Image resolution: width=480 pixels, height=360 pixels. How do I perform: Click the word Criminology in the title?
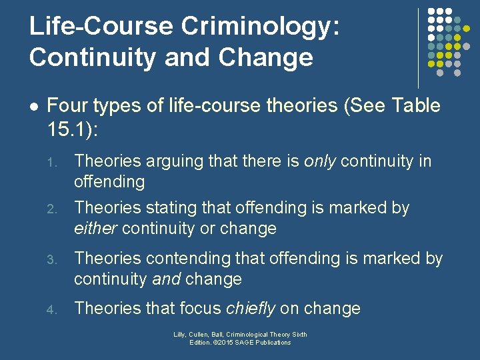[x=259, y=27]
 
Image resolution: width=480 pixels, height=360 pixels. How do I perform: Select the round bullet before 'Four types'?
[x=35, y=106]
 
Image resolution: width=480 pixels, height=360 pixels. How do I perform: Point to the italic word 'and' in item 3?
[x=167, y=279]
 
